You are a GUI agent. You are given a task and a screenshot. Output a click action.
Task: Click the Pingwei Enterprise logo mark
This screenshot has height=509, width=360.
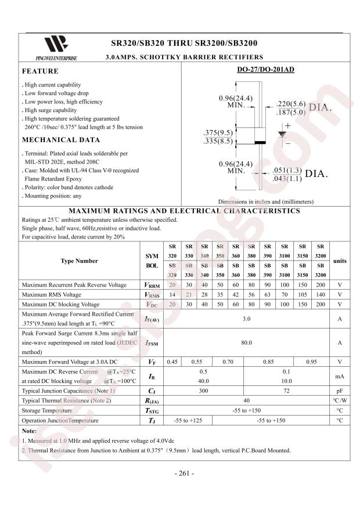(x=56, y=44)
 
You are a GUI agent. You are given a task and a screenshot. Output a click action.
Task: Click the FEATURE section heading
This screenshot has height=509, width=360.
(x=40, y=71)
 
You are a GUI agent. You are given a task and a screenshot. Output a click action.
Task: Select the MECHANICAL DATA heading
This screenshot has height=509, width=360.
(x=60, y=140)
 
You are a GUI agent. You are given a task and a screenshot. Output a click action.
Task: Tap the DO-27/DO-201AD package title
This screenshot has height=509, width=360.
(x=265, y=70)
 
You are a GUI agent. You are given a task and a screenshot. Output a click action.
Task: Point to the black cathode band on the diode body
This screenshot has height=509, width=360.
(x=260, y=142)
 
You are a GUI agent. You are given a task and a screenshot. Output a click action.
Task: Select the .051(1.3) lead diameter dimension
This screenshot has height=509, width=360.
(x=286, y=170)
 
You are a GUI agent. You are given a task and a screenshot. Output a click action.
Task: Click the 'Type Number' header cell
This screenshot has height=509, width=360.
(x=79, y=261)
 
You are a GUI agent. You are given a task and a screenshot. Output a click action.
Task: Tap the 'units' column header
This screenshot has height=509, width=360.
(x=340, y=261)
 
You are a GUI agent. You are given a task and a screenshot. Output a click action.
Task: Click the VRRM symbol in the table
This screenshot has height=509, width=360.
(x=152, y=286)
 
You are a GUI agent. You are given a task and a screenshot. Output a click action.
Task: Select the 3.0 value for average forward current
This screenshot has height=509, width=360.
(x=246, y=319)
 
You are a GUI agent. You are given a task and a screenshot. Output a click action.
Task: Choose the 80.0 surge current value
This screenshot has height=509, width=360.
(x=246, y=343)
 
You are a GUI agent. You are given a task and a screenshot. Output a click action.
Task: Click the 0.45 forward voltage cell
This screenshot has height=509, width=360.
(x=172, y=362)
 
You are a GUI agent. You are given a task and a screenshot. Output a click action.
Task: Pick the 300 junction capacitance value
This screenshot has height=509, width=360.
(x=204, y=391)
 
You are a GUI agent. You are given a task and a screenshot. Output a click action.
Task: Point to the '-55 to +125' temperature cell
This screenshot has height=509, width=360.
(x=188, y=420)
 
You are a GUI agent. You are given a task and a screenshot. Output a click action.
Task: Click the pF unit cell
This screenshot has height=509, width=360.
(x=340, y=391)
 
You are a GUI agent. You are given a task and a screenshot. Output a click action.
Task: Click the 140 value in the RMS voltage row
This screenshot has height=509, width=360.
(x=321, y=295)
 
